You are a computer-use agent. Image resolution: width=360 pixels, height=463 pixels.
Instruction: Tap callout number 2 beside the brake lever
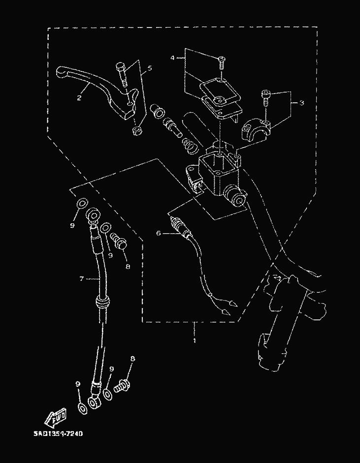(x=79, y=97)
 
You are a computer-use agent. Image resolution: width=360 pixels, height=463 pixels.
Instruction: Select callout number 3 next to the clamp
(x=301, y=103)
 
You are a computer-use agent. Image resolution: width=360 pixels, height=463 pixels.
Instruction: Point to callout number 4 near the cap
(x=173, y=58)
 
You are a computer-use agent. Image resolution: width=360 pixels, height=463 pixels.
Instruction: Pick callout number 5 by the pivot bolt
(x=150, y=68)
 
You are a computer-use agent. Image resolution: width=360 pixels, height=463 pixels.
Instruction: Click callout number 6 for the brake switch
(x=159, y=234)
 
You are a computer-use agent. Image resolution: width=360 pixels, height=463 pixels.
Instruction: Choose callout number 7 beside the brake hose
(x=82, y=279)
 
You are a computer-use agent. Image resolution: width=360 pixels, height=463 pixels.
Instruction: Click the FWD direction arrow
(x=56, y=417)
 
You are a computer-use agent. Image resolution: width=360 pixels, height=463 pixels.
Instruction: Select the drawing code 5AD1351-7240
(x=58, y=434)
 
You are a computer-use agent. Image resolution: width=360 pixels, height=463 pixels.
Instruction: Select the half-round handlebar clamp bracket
(x=255, y=131)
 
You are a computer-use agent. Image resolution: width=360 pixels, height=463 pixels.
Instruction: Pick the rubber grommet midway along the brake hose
(x=102, y=302)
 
